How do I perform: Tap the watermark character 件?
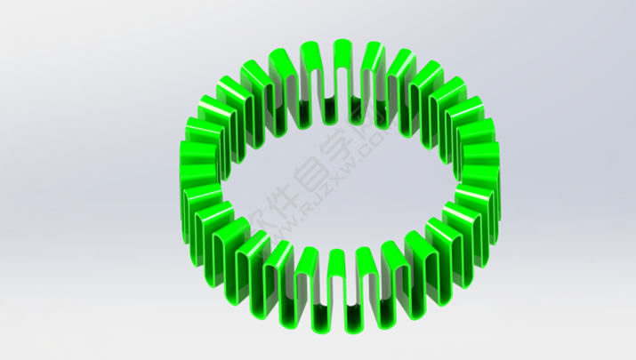[x=283, y=193]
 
